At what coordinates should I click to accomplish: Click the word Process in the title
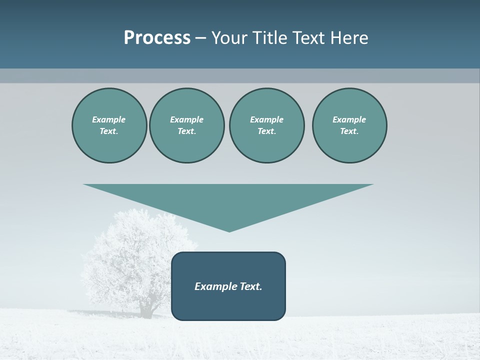(x=157, y=38)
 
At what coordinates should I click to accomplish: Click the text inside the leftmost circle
(x=109, y=125)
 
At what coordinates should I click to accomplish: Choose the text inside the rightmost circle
(x=349, y=125)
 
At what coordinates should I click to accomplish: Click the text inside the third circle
(x=266, y=125)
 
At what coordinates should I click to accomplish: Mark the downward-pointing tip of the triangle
(x=229, y=230)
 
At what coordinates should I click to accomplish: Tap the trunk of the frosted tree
(x=147, y=308)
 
